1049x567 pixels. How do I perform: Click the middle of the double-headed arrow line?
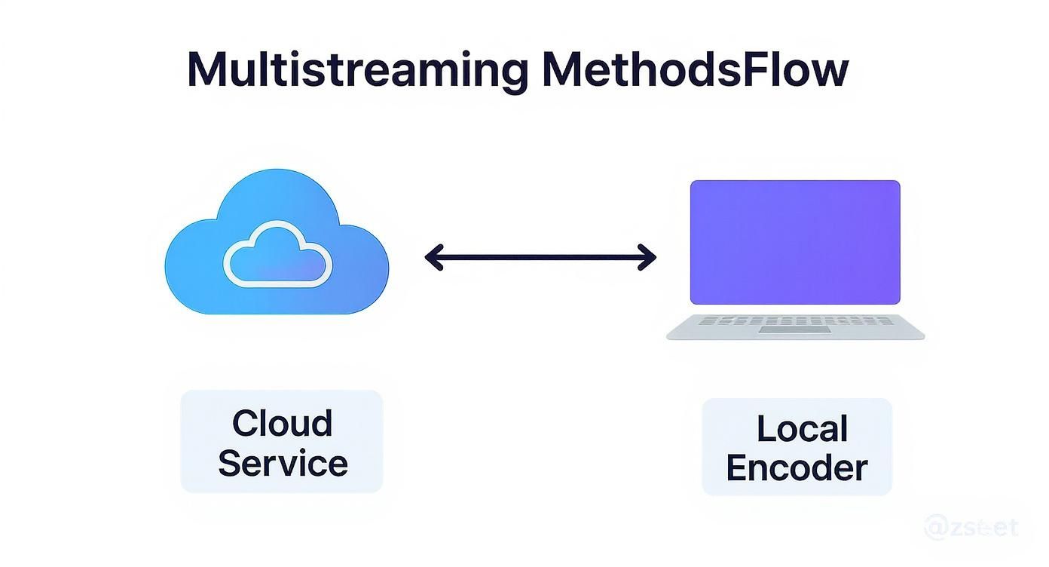click(540, 257)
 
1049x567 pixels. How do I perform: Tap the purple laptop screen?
click(795, 241)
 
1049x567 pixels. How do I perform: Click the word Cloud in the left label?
click(282, 423)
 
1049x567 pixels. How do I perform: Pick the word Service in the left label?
click(283, 462)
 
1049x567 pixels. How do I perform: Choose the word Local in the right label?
click(802, 429)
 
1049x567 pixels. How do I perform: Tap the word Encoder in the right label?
click(797, 468)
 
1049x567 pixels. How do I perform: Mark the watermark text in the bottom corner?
click(972, 526)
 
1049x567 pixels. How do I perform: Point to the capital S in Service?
click(231, 462)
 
